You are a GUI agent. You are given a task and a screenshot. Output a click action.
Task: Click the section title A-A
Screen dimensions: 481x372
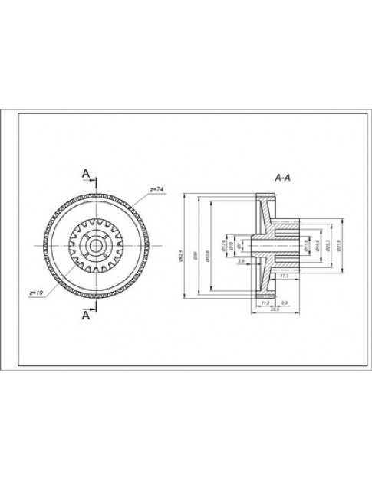(x=281, y=177)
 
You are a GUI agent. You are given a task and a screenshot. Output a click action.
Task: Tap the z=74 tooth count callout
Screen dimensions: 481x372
(x=156, y=188)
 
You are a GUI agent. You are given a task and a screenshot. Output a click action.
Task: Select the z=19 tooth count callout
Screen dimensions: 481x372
(x=35, y=293)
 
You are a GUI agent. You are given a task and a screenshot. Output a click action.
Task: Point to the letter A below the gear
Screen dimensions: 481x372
(x=86, y=314)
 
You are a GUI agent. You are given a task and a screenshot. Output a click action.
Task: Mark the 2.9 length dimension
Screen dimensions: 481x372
(x=242, y=263)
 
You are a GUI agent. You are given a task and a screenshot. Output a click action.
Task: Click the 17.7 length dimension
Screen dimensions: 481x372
(x=285, y=274)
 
